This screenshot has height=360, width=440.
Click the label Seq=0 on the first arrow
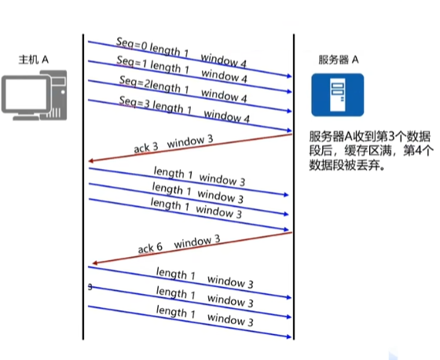[131, 44]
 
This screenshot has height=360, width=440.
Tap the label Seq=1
[132, 61]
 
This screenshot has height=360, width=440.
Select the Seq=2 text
[132, 82]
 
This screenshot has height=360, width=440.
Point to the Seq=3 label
[134, 101]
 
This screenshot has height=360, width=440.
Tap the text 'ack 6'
[150, 248]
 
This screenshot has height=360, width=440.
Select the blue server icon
[338, 95]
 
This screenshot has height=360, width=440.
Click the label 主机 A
[33, 60]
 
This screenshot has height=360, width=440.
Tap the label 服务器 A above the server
[339, 60]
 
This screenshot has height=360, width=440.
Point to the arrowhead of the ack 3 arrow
[90, 161]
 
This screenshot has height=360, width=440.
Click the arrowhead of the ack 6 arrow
[94, 263]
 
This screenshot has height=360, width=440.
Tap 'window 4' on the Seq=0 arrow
[224, 61]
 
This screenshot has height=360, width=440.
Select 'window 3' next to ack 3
[190, 141]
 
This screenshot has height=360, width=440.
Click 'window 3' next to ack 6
[197, 242]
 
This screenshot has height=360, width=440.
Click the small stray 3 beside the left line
[90, 287]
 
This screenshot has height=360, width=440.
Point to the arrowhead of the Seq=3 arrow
[289, 130]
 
